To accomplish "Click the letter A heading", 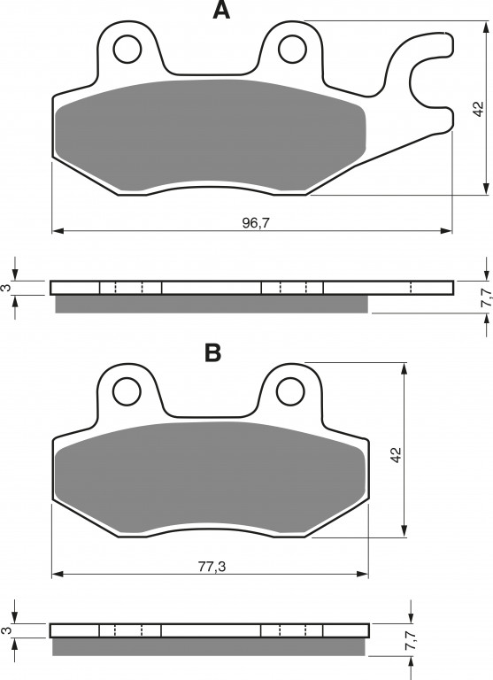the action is pos(221,10).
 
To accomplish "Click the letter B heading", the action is pos(213,352).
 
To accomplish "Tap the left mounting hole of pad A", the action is pos(127,50).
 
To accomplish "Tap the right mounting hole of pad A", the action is pos(292,49).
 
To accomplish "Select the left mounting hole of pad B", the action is pos(127,391).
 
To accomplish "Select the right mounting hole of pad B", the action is pos(290,391).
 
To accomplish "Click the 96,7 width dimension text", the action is pos(256,223).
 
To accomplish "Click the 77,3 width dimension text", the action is pos(212,567).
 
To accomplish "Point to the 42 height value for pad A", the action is pos(478,108).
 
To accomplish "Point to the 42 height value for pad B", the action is pos(397,454).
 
